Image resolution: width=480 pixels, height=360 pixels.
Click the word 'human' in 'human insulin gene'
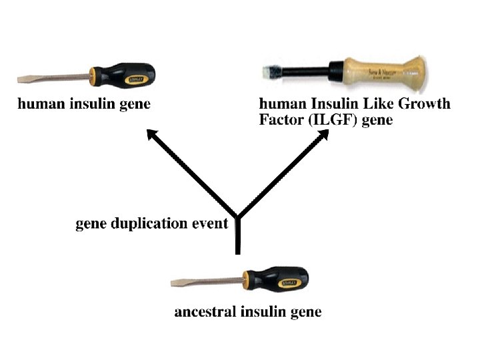click(39, 104)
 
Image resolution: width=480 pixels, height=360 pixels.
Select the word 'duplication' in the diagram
click(153, 224)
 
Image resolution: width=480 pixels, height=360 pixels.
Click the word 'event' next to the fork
click(209, 224)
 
